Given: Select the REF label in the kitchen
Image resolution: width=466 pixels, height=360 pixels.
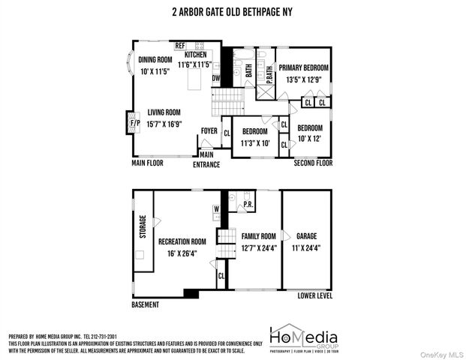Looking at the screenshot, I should point(180,46).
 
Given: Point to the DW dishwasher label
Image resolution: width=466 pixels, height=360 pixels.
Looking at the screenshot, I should point(216,78).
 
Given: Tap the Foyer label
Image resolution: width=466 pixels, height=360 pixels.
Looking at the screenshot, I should point(209,130).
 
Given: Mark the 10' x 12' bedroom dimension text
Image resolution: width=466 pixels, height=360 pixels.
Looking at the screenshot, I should point(310,139).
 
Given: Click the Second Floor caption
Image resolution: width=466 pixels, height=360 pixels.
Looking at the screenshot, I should point(313,163).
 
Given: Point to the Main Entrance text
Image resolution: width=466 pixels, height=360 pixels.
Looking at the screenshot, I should point(207,160).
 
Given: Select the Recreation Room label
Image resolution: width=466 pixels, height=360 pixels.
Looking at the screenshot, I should point(182,241).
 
